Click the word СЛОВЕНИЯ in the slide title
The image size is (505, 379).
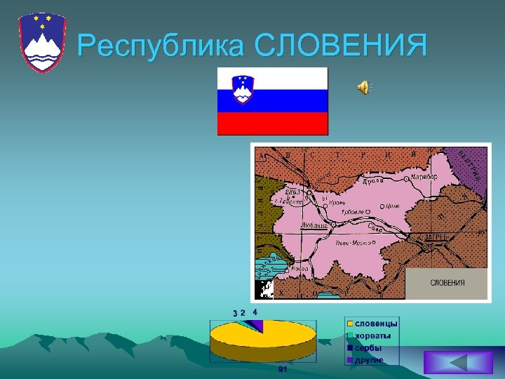(340, 46)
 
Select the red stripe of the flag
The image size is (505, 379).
(272, 124)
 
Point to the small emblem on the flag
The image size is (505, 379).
(243, 90)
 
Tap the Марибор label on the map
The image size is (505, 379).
(424, 177)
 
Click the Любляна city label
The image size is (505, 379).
(314, 225)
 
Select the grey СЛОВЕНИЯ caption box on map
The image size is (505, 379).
(447, 283)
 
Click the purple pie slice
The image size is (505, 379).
(257, 325)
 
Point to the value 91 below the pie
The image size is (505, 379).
(282, 369)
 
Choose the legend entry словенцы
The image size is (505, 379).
(376, 324)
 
